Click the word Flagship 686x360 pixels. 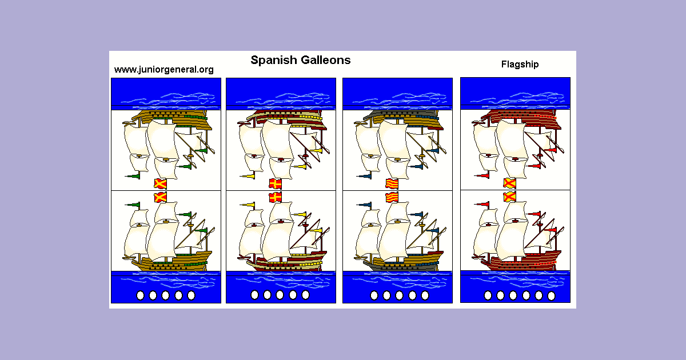(x=520, y=64)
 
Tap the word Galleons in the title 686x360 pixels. (x=324, y=60)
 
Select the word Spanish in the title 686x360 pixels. (x=272, y=60)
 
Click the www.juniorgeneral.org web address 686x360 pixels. (x=163, y=70)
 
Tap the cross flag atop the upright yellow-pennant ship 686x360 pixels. (x=276, y=197)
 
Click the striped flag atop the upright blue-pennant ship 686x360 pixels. (x=392, y=197)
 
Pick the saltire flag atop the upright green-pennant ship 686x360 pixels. (x=161, y=197)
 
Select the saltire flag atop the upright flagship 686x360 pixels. (x=509, y=197)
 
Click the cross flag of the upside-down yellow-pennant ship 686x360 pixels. (x=276, y=183)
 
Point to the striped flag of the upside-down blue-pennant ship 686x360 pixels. (x=392, y=183)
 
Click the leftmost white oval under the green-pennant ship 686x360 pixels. (x=140, y=295)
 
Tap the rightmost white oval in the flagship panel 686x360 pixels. (x=551, y=295)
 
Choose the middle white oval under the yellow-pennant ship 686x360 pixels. (x=280, y=295)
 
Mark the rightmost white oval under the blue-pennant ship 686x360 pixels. (x=425, y=295)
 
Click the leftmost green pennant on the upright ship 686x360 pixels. (x=135, y=205)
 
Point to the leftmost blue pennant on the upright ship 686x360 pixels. (x=366, y=205)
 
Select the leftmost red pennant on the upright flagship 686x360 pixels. (x=485, y=204)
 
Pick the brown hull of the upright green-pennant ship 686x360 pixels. (x=171, y=262)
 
